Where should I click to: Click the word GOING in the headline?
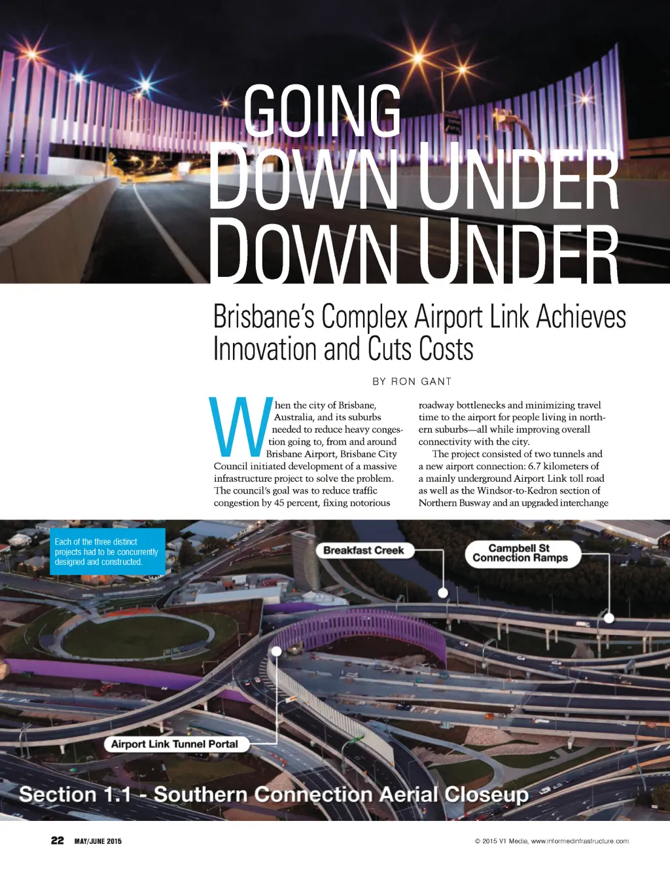tap(322, 111)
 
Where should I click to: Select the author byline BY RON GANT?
tap(412, 382)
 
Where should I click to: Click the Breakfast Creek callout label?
tap(363, 551)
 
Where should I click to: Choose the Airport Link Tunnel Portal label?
tap(174, 744)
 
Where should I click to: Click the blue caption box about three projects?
tap(107, 552)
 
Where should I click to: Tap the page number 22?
tap(58, 841)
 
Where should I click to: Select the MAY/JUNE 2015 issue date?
tap(97, 841)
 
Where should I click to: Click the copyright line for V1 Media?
tap(552, 841)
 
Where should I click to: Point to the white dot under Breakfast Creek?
tap(443, 592)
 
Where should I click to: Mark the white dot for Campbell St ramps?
tap(609, 617)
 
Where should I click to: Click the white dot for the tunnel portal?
tap(277, 651)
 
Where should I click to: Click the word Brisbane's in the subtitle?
tap(264, 317)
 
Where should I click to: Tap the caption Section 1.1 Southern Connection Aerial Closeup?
tap(273, 795)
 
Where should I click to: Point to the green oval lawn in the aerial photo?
tap(136, 636)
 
